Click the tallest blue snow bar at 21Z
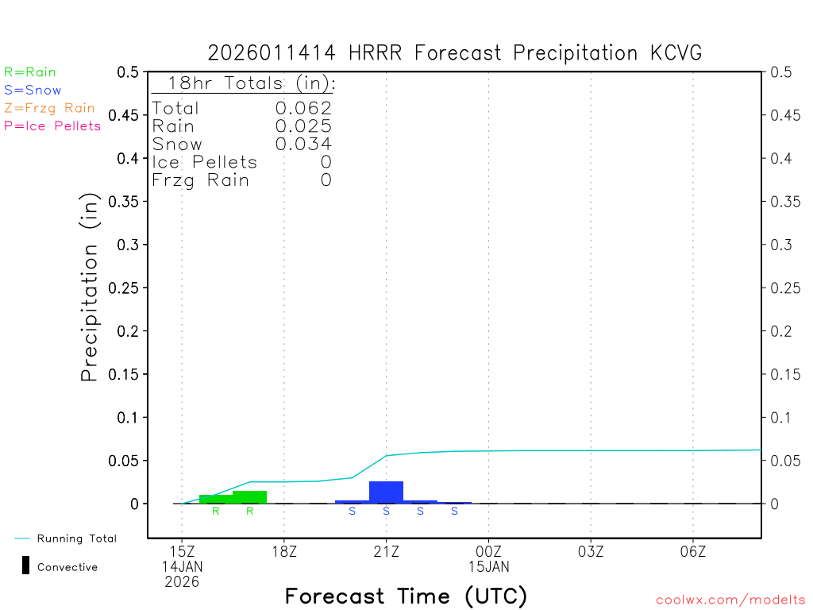point(386,492)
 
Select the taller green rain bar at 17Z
point(249,497)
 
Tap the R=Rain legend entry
point(30,72)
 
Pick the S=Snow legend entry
point(33,91)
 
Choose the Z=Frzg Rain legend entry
point(49,108)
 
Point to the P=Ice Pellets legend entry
point(52,125)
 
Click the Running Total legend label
point(76,539)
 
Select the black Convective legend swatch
point(25,566)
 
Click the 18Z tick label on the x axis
point(284,550)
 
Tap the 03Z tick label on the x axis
point(591,550)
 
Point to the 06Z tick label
point(693,550)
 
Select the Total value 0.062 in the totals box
point(303,109)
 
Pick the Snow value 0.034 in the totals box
point(303,144)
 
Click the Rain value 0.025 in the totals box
point(303,126)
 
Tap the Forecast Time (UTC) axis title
point(406,596)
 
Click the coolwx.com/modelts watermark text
point(730,600)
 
